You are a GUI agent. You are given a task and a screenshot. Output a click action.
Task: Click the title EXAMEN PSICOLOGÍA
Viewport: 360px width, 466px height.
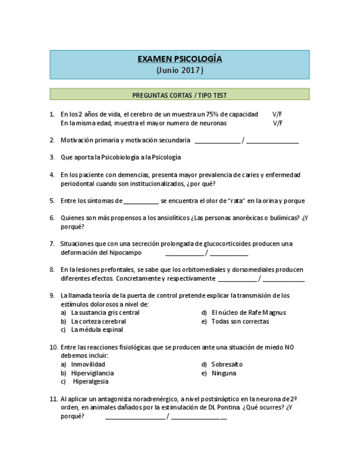tap(179, 59)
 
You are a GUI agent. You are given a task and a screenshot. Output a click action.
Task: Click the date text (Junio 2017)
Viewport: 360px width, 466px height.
tap(179, 70)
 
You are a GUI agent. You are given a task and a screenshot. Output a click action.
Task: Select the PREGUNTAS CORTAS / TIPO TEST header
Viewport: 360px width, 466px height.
tap(179, 95)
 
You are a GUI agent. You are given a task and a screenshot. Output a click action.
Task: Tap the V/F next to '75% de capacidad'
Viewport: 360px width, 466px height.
tap(278, 114)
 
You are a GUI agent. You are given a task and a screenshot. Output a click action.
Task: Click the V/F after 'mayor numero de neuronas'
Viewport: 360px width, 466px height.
tap(278, 123)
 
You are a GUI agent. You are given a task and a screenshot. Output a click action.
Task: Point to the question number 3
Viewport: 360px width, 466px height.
tap(52, 157)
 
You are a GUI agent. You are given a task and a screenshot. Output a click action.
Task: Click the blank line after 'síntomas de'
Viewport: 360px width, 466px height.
tap(141, 201)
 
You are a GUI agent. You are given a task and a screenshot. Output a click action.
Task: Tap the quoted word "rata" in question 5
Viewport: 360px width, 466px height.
tap(235, 201)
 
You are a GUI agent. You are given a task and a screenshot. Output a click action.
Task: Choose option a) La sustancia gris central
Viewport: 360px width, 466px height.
tap(105, 313)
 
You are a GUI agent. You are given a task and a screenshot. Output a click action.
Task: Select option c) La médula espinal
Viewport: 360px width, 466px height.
tap(97, 330)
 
